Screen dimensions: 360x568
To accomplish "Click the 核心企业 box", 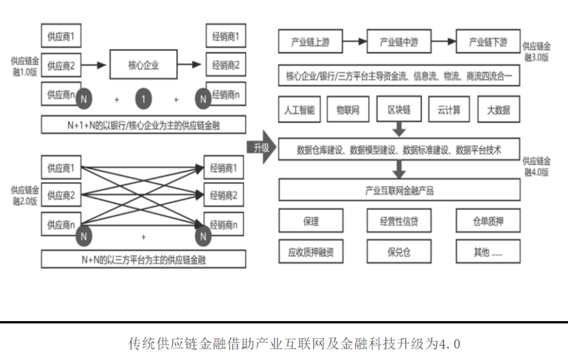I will click(x=143, y=65).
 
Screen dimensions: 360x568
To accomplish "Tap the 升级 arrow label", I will click(x=260, y=148).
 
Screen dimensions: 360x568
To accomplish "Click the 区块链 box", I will click(x=399, y=110).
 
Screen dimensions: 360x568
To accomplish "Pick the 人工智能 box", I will click(x=299, y=110).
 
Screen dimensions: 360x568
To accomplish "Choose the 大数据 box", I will click(x=498, y=110).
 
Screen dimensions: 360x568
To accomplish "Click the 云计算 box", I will click(x=449, y=110).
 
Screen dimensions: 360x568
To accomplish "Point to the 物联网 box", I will click(x=348, y=110).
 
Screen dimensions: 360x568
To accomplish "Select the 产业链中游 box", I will click(x=399, y=42).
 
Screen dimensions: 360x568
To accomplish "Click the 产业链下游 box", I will click(x=488, y=42).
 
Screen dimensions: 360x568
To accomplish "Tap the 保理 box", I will click(x=311, y=222).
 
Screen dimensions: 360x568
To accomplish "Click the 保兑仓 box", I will click(x=399, y=252).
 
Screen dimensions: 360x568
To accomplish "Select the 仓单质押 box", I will click(x=488, y=222).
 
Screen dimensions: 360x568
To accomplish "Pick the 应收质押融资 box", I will click(x=311, y=252).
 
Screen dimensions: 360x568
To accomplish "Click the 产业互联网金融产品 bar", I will click(x=399, y=191).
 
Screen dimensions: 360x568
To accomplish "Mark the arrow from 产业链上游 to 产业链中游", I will click(x=354, y=42).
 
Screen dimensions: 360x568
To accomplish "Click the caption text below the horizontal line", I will click(x=293, y=343).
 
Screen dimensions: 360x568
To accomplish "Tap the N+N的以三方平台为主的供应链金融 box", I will click(x=143, y=259).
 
